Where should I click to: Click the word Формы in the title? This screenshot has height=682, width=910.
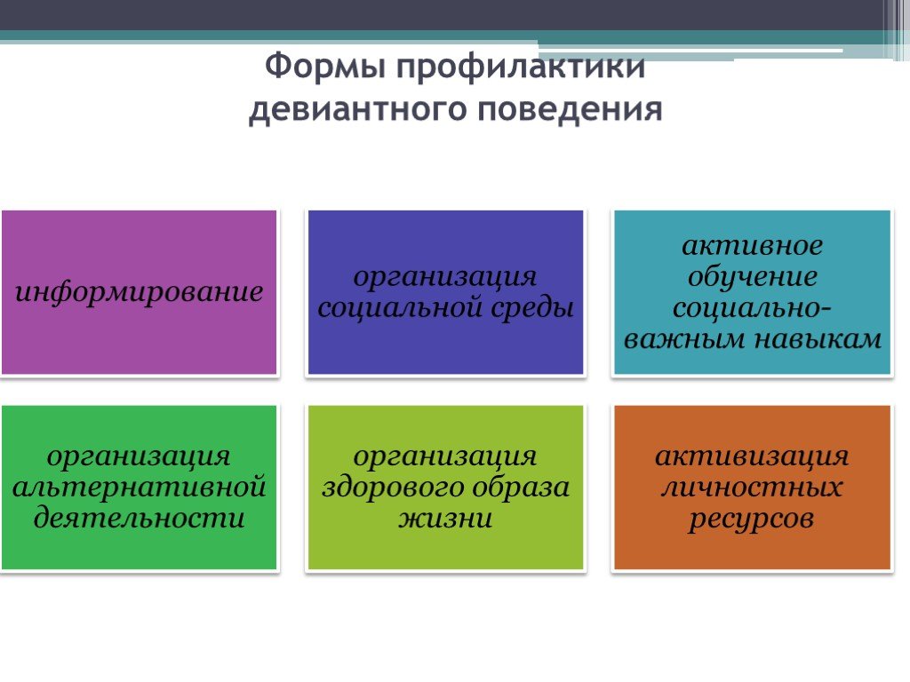point(324,66)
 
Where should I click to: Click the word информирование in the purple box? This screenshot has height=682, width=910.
point(140,291)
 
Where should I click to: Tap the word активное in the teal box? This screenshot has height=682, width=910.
point(752,245)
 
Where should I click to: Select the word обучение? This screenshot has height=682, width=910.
point(752,276)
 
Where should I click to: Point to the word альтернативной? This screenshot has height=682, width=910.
point(140,486)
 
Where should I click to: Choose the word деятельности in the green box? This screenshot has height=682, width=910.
point(140,517)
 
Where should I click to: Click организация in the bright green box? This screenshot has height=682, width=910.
point(139,457)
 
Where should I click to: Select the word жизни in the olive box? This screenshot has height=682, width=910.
point(446,518)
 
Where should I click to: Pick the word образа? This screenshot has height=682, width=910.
point(520,486)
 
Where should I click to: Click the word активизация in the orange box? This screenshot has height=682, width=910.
point(752,456)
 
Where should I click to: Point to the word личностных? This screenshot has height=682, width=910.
point(752,487)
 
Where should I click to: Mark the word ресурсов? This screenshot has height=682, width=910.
point(752,519)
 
